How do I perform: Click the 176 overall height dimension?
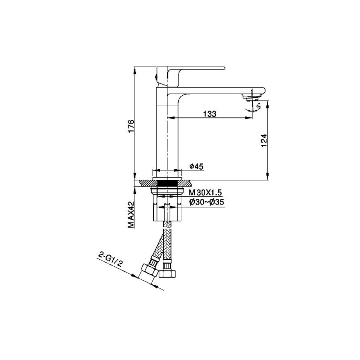point(131,126)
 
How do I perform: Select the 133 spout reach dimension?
point(210,114)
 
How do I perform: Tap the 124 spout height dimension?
point(264,140)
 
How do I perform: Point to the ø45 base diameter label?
point(197,166)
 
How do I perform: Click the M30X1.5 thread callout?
point(205,192)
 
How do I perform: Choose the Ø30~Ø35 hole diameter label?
point(207,202)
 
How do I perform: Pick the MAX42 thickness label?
point(131,215)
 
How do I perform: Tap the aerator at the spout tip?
point(252,99)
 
